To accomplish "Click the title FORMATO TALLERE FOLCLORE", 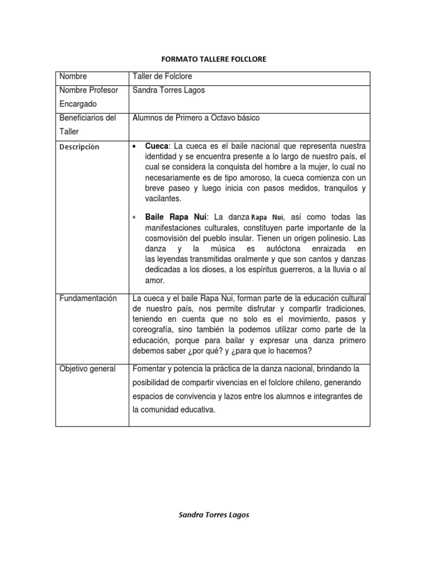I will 213,59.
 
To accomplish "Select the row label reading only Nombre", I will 73,77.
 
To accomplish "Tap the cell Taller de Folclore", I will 162,77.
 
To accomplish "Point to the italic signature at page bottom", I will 213,515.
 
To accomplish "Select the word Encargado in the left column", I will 78,104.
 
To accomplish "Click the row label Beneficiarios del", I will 87,118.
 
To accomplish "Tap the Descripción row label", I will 80,147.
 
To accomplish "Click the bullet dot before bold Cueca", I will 136,146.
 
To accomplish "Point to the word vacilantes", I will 163,199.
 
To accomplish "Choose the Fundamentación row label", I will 88,298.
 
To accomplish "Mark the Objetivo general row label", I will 87,369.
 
